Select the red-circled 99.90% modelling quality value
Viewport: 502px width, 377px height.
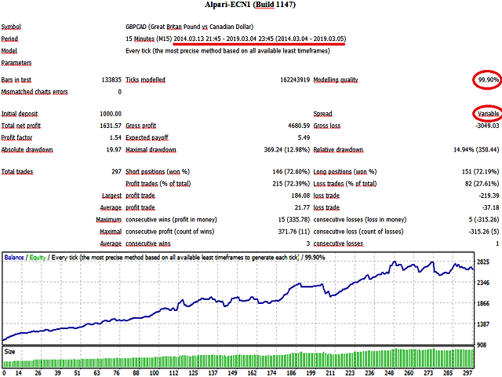coord(486,80)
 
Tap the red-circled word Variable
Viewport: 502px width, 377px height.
coord(486,114)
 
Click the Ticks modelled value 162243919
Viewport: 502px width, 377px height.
coord(282,80)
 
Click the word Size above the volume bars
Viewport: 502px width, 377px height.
coord(10,353)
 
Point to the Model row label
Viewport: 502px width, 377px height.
coord(11,49)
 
